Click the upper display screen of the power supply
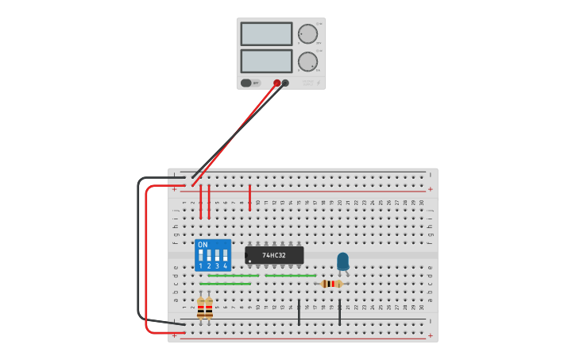[x=266, y=33]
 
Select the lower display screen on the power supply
[x=266, y=61]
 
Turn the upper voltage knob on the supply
[x=307, y=33]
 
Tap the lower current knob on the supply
[x=307, y=62]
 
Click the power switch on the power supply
[x=246, y=83]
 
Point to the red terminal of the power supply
[x=276, y=83]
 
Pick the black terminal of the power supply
[x=285, y=83]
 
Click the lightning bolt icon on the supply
[x=319, y=83]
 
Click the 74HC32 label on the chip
[x=274, y=255]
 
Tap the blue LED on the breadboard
[x=342, y=261]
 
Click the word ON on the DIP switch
[x=203, y=245]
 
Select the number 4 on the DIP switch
[x=226, y=266]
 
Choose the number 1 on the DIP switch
[x=200, y=266]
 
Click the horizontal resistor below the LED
[x=331, y=284]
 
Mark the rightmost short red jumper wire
[x=249, y=197]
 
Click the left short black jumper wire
[x=299, y=312]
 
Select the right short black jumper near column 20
[x=339, y=312]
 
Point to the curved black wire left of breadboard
[x=140, y=246]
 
